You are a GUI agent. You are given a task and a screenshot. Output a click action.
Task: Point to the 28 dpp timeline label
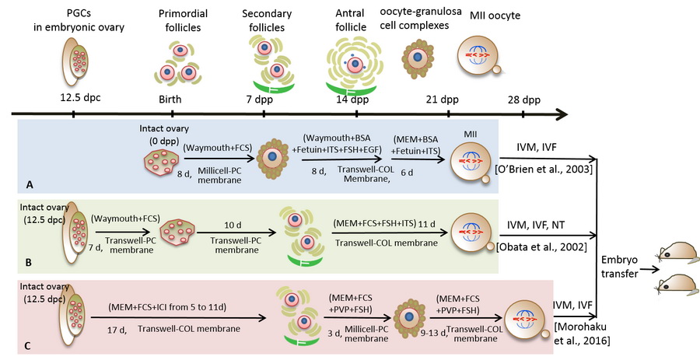(523, 100)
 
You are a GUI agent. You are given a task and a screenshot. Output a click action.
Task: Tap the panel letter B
(28, 265)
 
